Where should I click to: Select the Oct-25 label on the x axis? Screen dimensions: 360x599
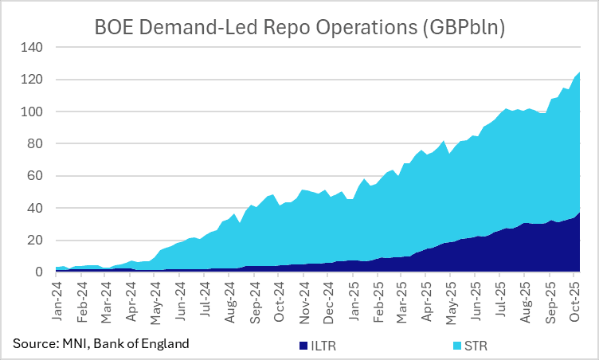pos(576,301)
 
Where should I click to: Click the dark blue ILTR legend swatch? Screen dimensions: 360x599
pos(303,346)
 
